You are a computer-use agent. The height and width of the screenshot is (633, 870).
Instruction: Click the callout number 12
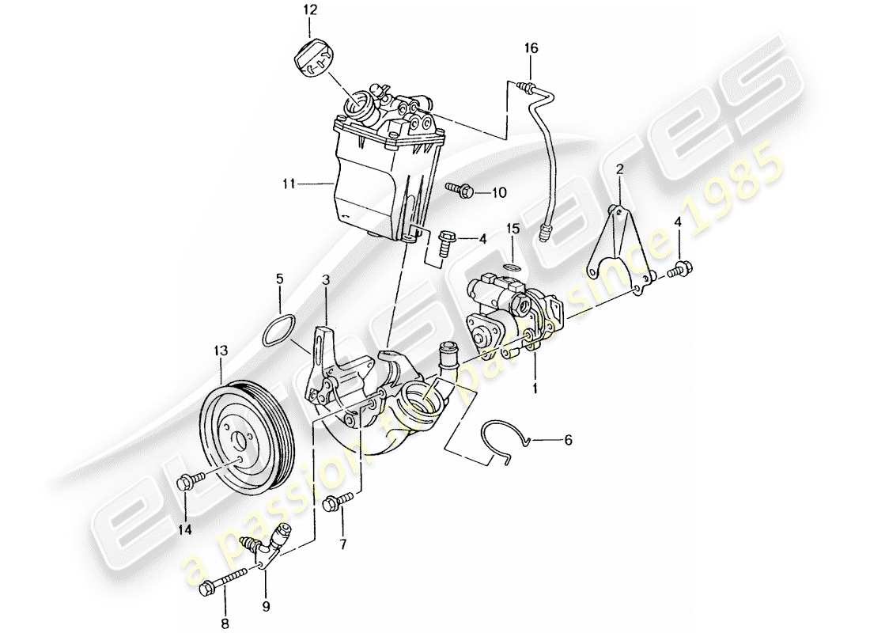click(x=309, y=11)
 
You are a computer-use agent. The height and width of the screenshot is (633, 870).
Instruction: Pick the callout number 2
click(x=619, y=169)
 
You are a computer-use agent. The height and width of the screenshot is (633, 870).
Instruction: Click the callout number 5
click(x=279, y=279)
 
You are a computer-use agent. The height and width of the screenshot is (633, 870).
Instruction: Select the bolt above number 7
click(x=339, y=500)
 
